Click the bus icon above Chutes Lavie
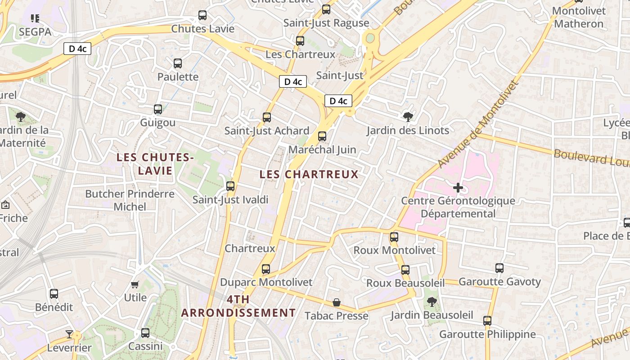point(202,15)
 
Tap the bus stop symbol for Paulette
point(178,63)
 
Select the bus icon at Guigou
point(157,109)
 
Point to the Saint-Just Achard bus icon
point(267,117)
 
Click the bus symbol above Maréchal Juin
point(322,136)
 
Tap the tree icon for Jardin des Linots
point(408,117)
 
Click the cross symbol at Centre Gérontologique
point(458,187)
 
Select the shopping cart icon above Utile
point(135,284)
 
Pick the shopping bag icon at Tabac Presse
point(337,302)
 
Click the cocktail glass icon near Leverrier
point(69,334)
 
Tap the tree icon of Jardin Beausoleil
point(432,301)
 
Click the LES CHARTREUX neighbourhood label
point(309,174)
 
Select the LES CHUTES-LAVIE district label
point(155,164)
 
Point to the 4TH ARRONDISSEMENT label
point(238,306)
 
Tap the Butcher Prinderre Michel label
point(130,200)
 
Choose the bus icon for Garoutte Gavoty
point(499,268)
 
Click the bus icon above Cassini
point(145,333)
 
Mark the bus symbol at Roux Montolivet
point(394,237)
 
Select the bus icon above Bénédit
point(54,294)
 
